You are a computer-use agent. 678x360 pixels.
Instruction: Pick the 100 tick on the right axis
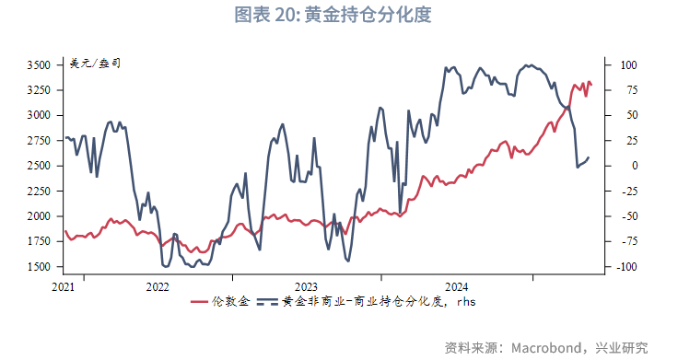pos(628,65)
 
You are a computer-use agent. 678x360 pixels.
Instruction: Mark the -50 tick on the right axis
pos(626,216)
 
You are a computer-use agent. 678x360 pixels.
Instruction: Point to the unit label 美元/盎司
pos(94,64)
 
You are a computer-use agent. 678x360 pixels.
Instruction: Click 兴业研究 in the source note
pos(623,348)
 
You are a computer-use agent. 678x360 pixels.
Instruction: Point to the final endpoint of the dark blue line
pos(589,158)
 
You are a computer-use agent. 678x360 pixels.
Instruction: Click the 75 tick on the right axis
pos(626,90)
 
